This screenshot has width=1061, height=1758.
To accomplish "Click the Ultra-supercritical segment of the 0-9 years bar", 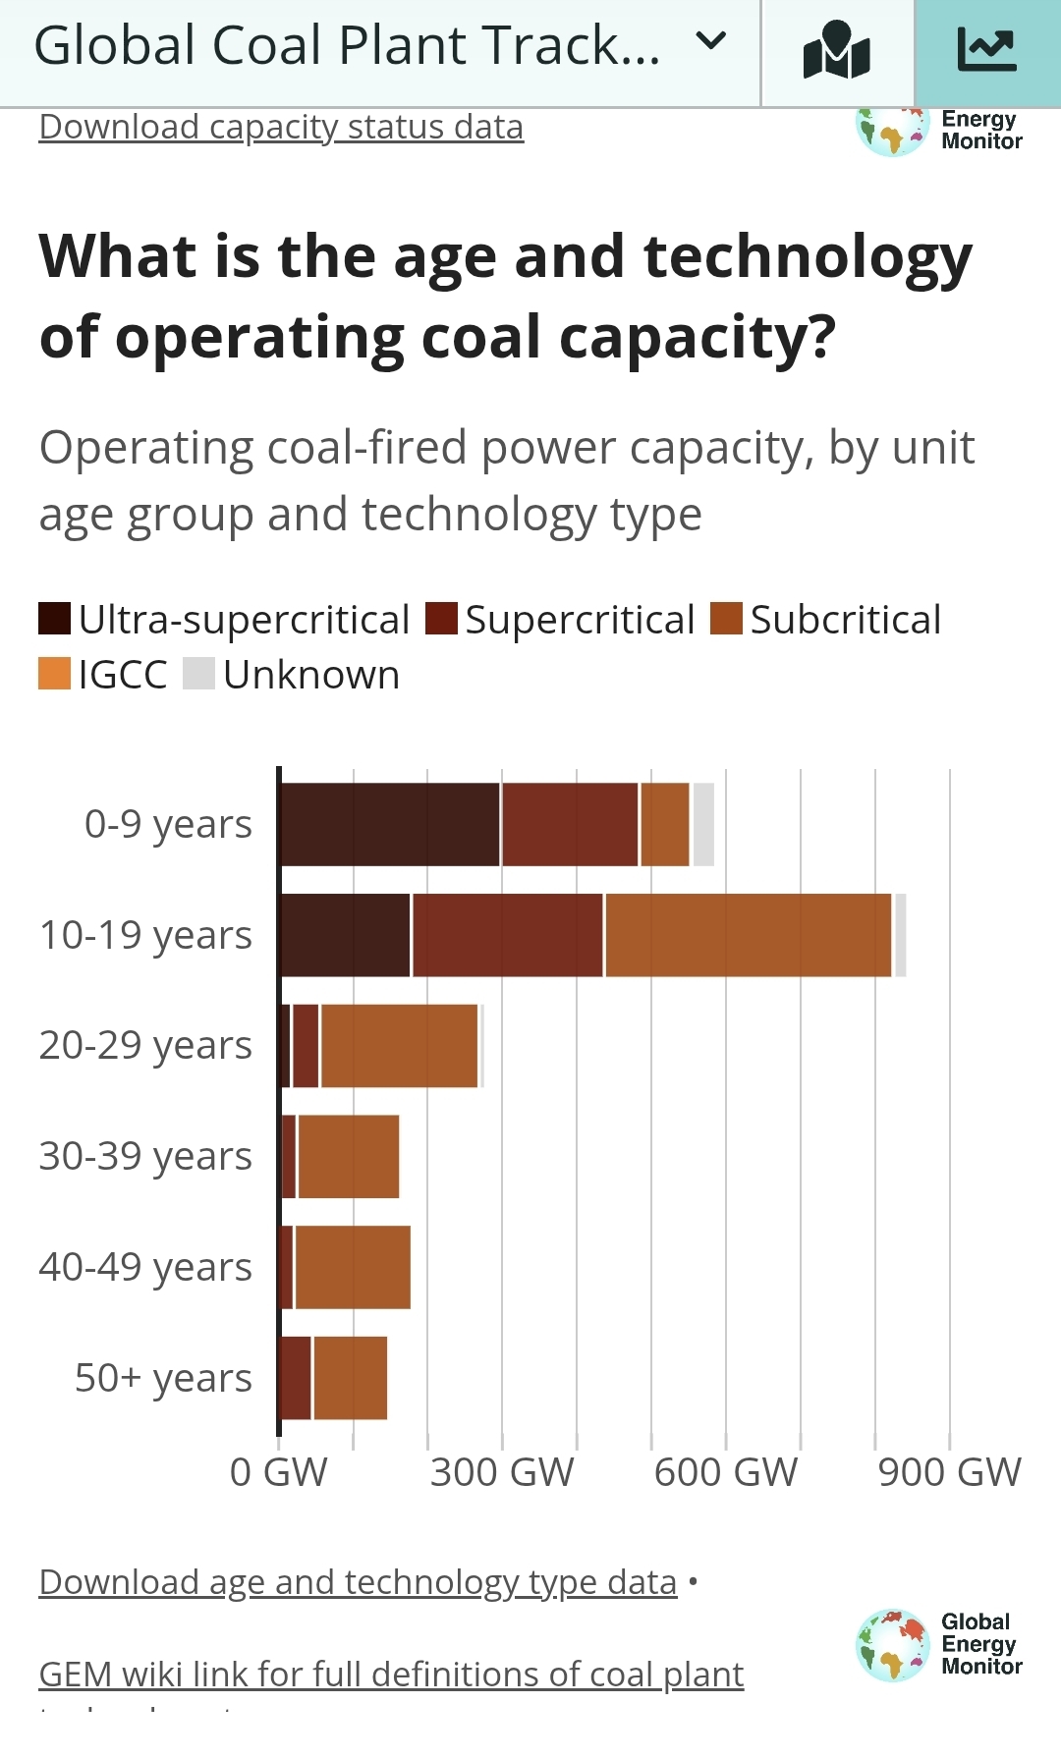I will coord(390,824).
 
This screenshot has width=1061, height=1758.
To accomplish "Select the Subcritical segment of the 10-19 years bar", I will coord(748,935).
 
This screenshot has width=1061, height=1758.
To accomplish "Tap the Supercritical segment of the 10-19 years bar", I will coord(507,935).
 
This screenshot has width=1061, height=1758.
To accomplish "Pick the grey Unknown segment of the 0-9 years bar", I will coord(703,824).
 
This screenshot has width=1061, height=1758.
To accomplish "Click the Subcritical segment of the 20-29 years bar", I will coord(399,1046).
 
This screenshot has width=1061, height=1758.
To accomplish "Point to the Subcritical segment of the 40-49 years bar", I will coord(353,1267).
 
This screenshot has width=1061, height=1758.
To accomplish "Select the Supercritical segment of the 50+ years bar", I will coord(296,1378).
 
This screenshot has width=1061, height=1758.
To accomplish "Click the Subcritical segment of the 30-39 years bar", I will coord(348,1157).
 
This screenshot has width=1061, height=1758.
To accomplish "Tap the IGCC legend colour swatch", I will coord(54,674).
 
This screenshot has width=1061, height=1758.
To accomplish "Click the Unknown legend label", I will coord(310,675).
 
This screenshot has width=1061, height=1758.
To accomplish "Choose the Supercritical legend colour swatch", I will coord(441,619).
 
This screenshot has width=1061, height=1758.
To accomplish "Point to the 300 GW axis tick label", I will coord(502,1472).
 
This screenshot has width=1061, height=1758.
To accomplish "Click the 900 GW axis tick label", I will coord(949,1472).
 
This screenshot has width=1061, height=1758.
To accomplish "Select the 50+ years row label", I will coord(163,1378).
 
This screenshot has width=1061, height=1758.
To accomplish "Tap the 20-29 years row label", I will coord(145,1046).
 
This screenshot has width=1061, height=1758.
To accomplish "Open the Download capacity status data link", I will coord(281,128).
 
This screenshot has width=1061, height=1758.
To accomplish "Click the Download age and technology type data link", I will coord(358,1582).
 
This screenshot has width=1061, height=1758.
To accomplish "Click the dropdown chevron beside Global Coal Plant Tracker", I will coord(710,41).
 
